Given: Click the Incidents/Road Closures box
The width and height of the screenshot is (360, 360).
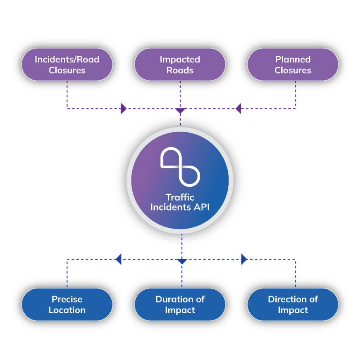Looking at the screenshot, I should pyautogui.click(x=67, y=64).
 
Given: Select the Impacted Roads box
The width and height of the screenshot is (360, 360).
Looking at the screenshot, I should pyautogui.click(x=180, y=64).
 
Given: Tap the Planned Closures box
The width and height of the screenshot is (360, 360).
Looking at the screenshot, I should pyautogui.click(x=293, y=64).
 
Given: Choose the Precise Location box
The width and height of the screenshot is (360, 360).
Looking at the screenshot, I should pyautogui.click(x=67, y=304).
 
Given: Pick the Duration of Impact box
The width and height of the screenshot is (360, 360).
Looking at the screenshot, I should pyautogui.click(x=180, y=304).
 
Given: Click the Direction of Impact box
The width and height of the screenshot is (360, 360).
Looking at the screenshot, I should pyautogui.click(x=293, y=304).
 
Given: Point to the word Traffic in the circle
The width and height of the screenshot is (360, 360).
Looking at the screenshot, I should pyautogui.click(x=180, y=197).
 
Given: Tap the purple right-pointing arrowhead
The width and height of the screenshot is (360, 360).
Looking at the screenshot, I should pyautogui.click(x=123, y=108).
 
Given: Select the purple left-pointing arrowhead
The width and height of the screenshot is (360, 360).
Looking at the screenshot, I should pyautogui.click(x=238, y=108).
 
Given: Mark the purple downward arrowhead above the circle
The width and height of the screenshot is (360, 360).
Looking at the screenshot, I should pyautogui.click(x=180, y=111).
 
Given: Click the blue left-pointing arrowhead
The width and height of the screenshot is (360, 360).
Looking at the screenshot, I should pyautogui.click(x=118, y=259).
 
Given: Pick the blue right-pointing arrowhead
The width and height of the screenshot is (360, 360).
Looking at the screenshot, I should pyautogui.click(x=244, y=259).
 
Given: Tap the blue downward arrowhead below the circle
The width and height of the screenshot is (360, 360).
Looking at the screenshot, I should pyautogui.click(x=182, y=261).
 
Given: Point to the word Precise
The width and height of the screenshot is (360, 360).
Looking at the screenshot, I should pyautogui.click(x=67, y=299).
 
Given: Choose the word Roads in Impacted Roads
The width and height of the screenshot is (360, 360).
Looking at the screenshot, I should pyautogui.click(x=180, y=70).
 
